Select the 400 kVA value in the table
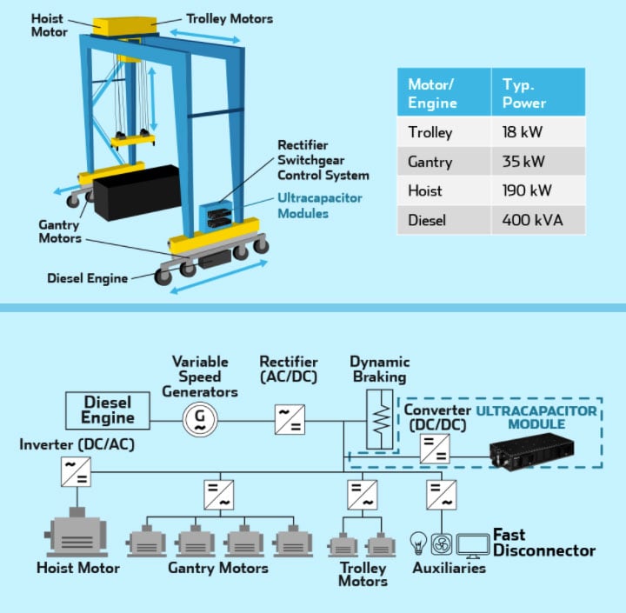pos(532,220)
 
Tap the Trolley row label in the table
pos(430,133)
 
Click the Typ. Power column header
pos(524,93)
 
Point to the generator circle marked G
pos(199,419)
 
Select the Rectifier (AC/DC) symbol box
pos(289,419)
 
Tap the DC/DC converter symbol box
pos(432,450)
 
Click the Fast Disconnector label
pos(543,543)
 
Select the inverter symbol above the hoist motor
pos(75,471)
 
